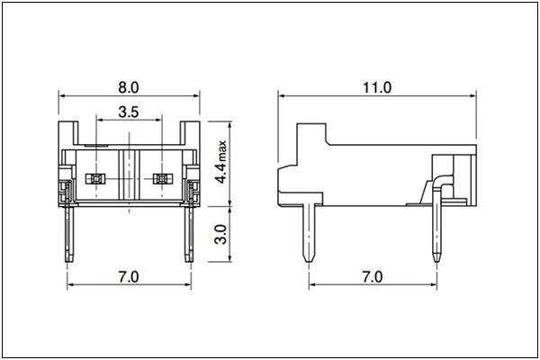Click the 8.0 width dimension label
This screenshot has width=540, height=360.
pyautogui.click(x=128, y=87)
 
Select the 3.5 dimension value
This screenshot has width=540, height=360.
pyautogui.click(x=128, y=113)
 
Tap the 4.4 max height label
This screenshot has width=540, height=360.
pyautogui.click(x=222, y=162)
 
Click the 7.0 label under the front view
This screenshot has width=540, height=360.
pyautogui.click(x=128, y=276)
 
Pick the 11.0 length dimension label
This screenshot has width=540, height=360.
pyautogui.click(x=376, y=87)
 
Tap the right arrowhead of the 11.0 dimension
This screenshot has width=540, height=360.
pyautogui.click(x=472, y=94)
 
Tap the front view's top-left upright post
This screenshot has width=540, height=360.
pyautogui.click(x=66, y=133)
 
